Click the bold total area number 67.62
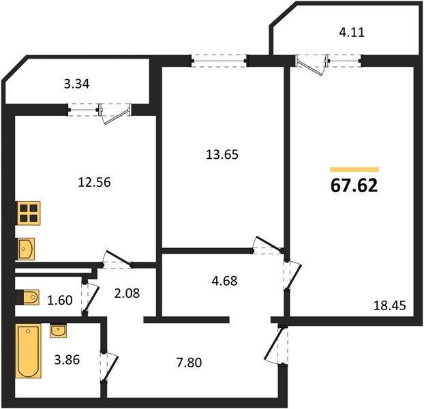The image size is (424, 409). coord(354,185)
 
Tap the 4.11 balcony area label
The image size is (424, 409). coord(352,33)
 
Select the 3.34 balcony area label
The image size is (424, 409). coord(76,84)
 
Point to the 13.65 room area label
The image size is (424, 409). coord(222,155)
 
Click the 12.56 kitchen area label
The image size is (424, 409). coord(94,182)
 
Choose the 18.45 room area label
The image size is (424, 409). coord(390,305)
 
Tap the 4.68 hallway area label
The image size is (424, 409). coord(225,281)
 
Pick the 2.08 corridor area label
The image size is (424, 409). coord(127,293)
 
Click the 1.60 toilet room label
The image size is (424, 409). coord(60,301)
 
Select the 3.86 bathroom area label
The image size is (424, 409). coord(67,360)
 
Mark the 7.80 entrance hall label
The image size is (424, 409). coord(189,363)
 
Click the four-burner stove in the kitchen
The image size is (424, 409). coord(29,213)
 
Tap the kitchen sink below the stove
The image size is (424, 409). coord(26,249)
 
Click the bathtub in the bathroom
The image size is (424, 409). coord(29,351)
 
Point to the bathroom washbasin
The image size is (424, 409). coord(58,331)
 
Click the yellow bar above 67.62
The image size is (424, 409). coord(354,170)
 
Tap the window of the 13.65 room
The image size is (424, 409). coord(219,61)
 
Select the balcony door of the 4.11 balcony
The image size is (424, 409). coord(310,64)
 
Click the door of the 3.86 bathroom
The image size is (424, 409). coord(109,367)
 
